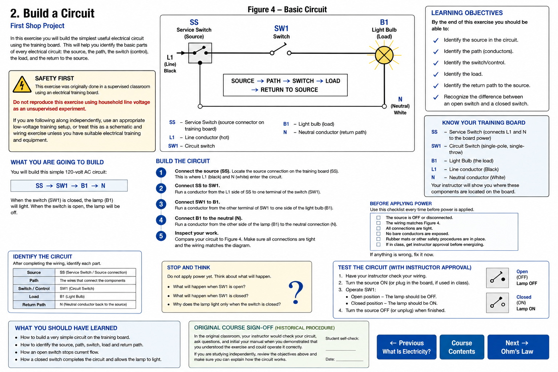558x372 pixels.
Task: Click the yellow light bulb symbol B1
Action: click(384, 55)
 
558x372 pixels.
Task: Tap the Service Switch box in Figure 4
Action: click(200, 53)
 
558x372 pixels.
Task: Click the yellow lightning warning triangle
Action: click(22, 85)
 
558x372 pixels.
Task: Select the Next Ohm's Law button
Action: click(518, 347)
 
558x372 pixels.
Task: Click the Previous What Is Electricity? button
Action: click(407, 347)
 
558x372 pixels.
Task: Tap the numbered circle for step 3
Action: click(161, 204)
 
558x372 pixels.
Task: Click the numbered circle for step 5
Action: click(161, 236)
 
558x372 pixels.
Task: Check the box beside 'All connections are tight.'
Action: click(379, 228)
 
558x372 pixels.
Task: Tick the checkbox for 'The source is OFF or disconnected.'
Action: click(379, 218)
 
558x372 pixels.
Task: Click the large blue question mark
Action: click(296, 292)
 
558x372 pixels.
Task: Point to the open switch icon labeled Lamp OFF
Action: click(497, 278)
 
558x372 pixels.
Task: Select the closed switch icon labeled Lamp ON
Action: click(497, 303)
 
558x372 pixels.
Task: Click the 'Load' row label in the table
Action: click(34, 296)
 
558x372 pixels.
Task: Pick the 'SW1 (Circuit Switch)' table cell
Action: click(77, 288)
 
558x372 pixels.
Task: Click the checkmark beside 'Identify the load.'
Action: click(436, 74)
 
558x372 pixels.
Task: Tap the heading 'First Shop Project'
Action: click(37, 26)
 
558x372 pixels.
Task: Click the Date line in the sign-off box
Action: click(349, 360)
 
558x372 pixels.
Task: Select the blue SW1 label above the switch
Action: click(281, 28)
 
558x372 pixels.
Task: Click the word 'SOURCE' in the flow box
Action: click(243, 81)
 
